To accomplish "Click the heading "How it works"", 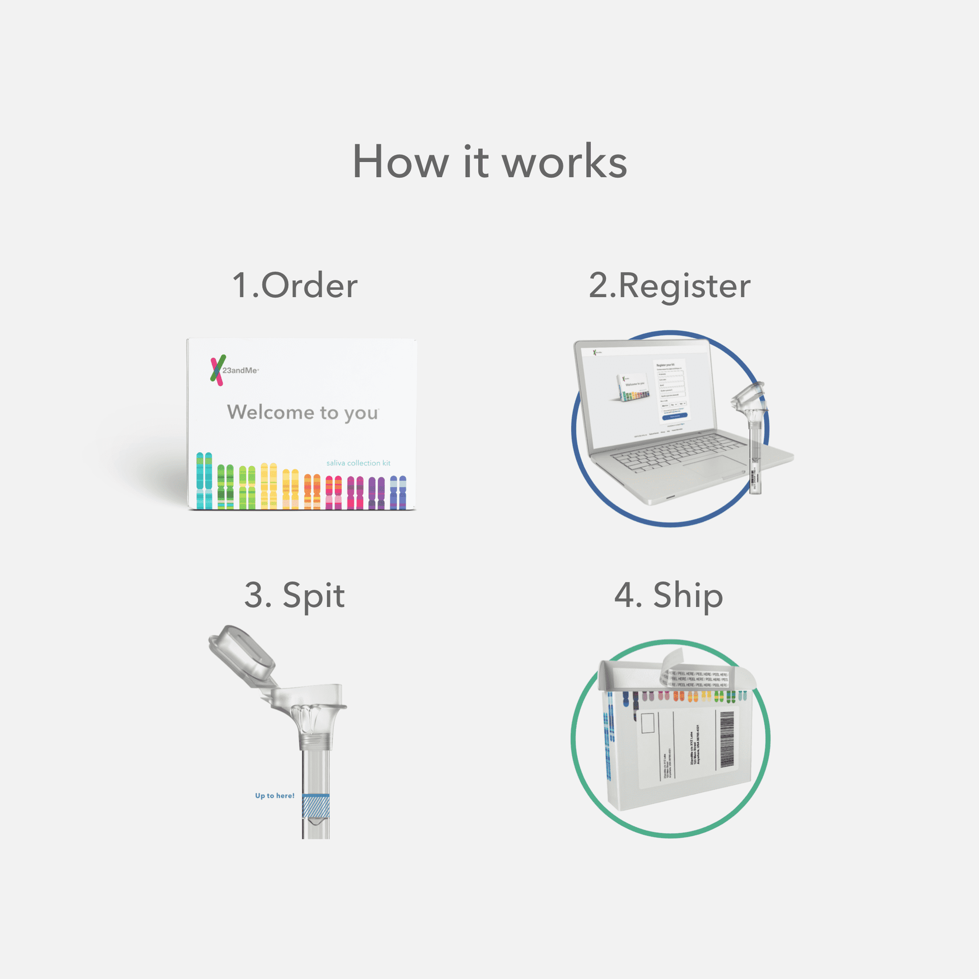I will point(489,162).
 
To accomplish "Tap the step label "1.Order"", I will point(295,285).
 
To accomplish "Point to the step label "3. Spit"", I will point(294,595).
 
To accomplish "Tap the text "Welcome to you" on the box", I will point(302,413).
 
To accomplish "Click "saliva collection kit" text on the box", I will point(358,463).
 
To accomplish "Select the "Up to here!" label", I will point(274,796).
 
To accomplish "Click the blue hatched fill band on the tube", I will point(316,806).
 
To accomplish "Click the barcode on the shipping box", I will point(727,739).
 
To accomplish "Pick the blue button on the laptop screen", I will point(674,416).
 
